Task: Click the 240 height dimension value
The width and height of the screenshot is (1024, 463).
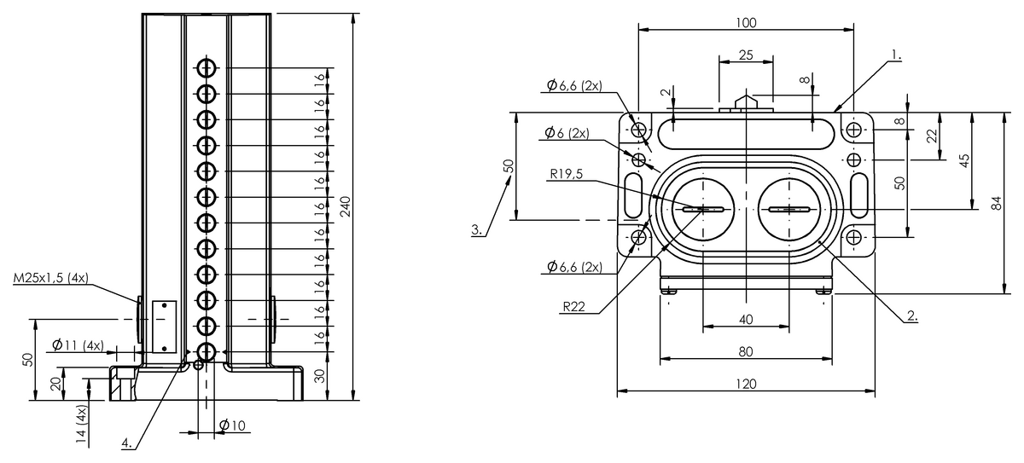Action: point(346,206)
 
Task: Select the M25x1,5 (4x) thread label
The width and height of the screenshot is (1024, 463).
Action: point(50,278)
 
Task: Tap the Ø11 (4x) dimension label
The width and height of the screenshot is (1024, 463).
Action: point(78,345)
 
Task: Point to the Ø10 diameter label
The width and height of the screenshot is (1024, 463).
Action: point(232,425)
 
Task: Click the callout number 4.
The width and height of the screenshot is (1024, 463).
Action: point(127,443)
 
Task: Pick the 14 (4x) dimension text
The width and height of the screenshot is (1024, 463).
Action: point(81,424)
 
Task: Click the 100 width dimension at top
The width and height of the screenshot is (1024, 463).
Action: point(746,23)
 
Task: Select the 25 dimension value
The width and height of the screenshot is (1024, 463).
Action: point(746,55)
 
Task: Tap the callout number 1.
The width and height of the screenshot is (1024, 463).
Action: point(896,55)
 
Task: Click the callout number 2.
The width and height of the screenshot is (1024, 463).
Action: point(912,315)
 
